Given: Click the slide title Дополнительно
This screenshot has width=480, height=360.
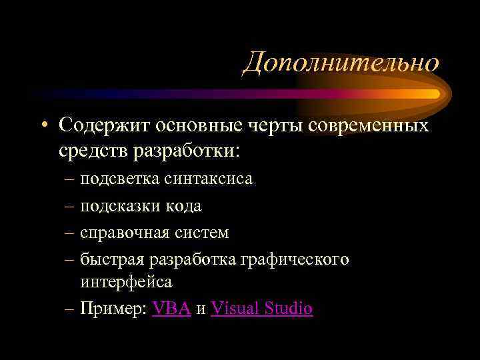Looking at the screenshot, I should click(x=341, y=63).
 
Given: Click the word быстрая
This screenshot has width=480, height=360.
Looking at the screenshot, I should click(x=107, y=259).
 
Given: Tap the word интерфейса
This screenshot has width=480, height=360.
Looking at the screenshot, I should click(x=126, y=282).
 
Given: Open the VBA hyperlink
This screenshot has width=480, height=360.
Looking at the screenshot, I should click(x=172, y=309).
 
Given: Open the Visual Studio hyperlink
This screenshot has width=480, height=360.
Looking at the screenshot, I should click(x=261, y=309).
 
